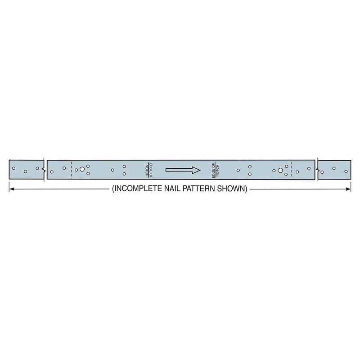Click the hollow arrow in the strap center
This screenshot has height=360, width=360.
[x=183, y=170]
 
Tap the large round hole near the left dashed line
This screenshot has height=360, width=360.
[x=82, y=169]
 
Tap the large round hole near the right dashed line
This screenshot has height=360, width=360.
[x=280, y=170]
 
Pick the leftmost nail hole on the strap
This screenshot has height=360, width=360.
[x=14, y=168]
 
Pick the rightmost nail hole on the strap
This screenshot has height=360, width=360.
[x=346, y=172]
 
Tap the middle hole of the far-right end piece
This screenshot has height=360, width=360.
[x=334, y=168]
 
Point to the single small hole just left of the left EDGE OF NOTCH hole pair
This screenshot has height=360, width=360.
[x=112, y=170]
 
